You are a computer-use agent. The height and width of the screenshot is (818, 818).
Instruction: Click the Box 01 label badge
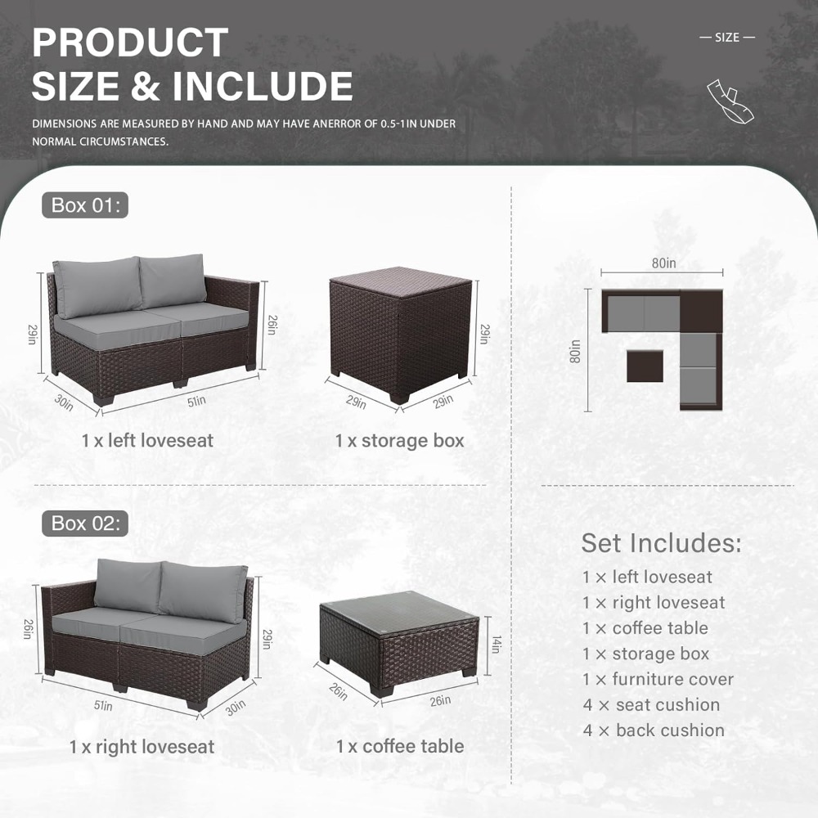click(85, 205)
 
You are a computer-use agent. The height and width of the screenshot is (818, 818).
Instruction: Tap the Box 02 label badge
click(85, 524)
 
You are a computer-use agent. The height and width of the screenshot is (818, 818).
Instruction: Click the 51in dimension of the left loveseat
click(196, 401)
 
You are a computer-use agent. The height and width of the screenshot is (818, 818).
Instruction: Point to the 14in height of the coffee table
click(497, 645)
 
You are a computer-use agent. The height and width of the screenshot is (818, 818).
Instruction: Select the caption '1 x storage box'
click(400, 441)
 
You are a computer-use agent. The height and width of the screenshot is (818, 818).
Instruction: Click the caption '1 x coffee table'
click(400, 746)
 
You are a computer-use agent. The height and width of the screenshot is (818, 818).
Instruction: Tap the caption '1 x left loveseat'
click(147, 440)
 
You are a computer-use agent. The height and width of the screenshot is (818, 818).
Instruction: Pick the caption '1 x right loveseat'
click(142, 747)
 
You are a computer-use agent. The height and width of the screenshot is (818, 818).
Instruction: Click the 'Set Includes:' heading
click(661, 543)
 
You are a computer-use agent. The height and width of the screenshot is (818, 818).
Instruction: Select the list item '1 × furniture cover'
click(658, 679)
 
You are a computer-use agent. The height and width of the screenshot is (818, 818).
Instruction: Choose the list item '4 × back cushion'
click(654, 730)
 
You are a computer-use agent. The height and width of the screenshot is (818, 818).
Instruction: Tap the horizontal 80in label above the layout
click(663, 263)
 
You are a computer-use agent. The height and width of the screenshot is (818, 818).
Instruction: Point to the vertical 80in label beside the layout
click(574, 352)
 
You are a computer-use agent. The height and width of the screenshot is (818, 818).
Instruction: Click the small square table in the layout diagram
click(645, 366)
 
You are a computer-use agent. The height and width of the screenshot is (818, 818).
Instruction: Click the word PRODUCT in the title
click(130, 43)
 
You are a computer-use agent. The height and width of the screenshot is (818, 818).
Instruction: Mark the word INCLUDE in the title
click(263, 86)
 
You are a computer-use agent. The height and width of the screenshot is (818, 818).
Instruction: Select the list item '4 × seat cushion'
click(652, 705)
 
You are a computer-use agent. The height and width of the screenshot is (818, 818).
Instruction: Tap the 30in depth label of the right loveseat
click(236, 708)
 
